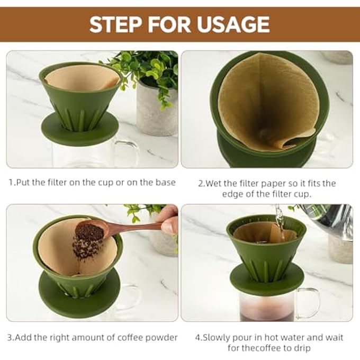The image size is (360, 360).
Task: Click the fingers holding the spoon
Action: click(169, 220)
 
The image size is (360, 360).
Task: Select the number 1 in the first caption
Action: click(11, 183)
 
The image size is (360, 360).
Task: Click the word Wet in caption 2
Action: click(214, 183)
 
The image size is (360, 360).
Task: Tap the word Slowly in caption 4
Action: click(219, 337)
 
